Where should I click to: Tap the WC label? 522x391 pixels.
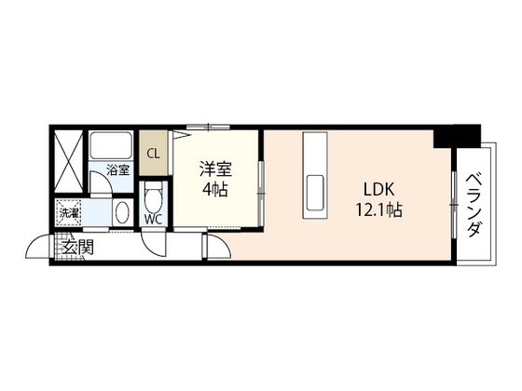click(153, 221)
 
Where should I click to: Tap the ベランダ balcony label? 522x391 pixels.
click(474, 204)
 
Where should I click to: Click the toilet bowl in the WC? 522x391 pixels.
click(155, 196)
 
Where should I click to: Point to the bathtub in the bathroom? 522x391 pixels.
click(112, 146)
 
